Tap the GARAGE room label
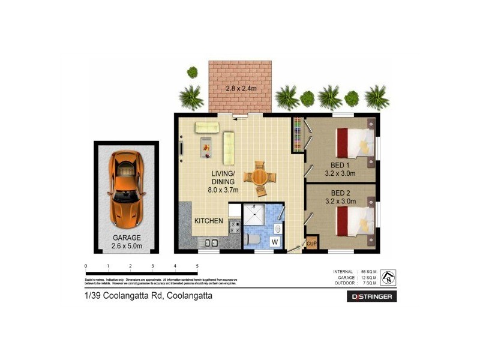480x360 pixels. (126, 238)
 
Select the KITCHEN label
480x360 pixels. (208, 221)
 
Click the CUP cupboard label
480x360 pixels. (311, 244)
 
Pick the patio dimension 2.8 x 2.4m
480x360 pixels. (241, 89)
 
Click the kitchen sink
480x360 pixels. (211, 243)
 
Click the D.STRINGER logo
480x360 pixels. (372, 296)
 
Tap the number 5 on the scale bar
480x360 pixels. (197, 265)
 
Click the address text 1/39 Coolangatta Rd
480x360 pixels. (148, 296)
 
